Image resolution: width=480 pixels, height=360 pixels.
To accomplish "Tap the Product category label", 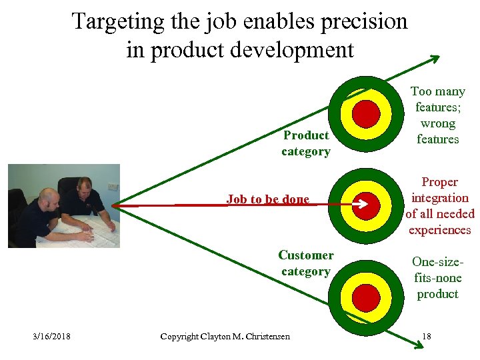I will pos(306,143).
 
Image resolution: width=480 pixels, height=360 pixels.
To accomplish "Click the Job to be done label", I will pos(267,199).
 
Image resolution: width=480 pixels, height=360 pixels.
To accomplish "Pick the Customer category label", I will pos(306,263).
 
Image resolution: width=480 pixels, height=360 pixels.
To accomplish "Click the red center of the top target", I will pos(366,113).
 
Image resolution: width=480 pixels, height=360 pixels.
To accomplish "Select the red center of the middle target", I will pos(366,205).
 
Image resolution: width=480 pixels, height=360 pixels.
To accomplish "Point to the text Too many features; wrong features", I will pos(438,115).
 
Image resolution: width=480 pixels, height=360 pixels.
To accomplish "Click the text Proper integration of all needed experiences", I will pos(440,206).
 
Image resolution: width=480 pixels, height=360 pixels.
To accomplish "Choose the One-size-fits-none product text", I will pos(437,278).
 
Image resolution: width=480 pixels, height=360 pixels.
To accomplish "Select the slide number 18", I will pos(426,336).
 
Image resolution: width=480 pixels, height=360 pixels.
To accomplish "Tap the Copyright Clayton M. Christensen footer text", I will pos(225,336).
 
